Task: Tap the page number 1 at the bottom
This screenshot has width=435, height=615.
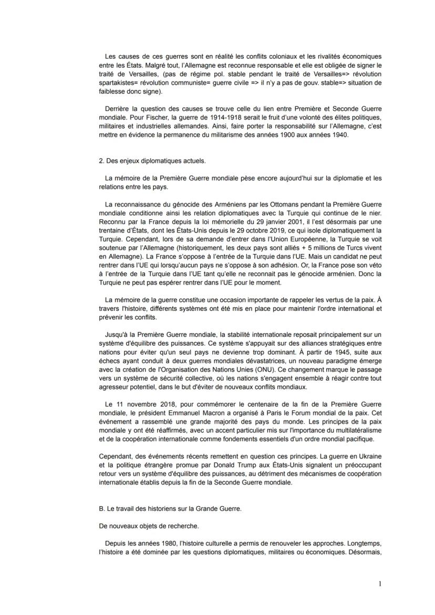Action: coord(380,583)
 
